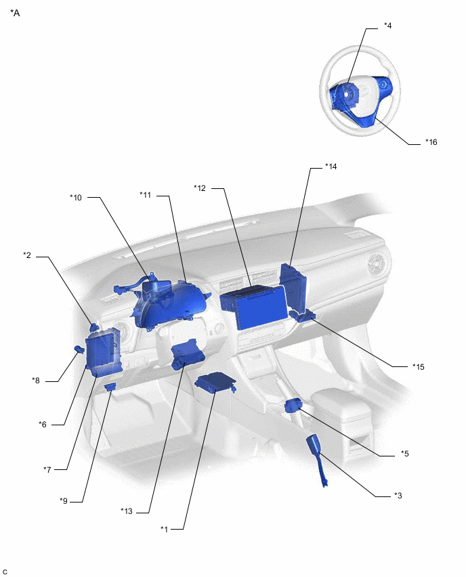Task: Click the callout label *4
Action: (387, 26)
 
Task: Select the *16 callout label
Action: (431, 142)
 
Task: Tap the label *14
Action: (331, 166)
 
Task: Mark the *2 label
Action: (27, 255)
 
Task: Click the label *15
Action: (419, 366)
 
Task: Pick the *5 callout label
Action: (404, 453)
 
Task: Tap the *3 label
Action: (398, 495)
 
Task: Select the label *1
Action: (165, 528)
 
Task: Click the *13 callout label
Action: (127, 511)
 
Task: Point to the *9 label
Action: (64, 500)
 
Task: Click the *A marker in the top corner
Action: (15, 13)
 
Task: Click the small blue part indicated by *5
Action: (295, 405)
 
